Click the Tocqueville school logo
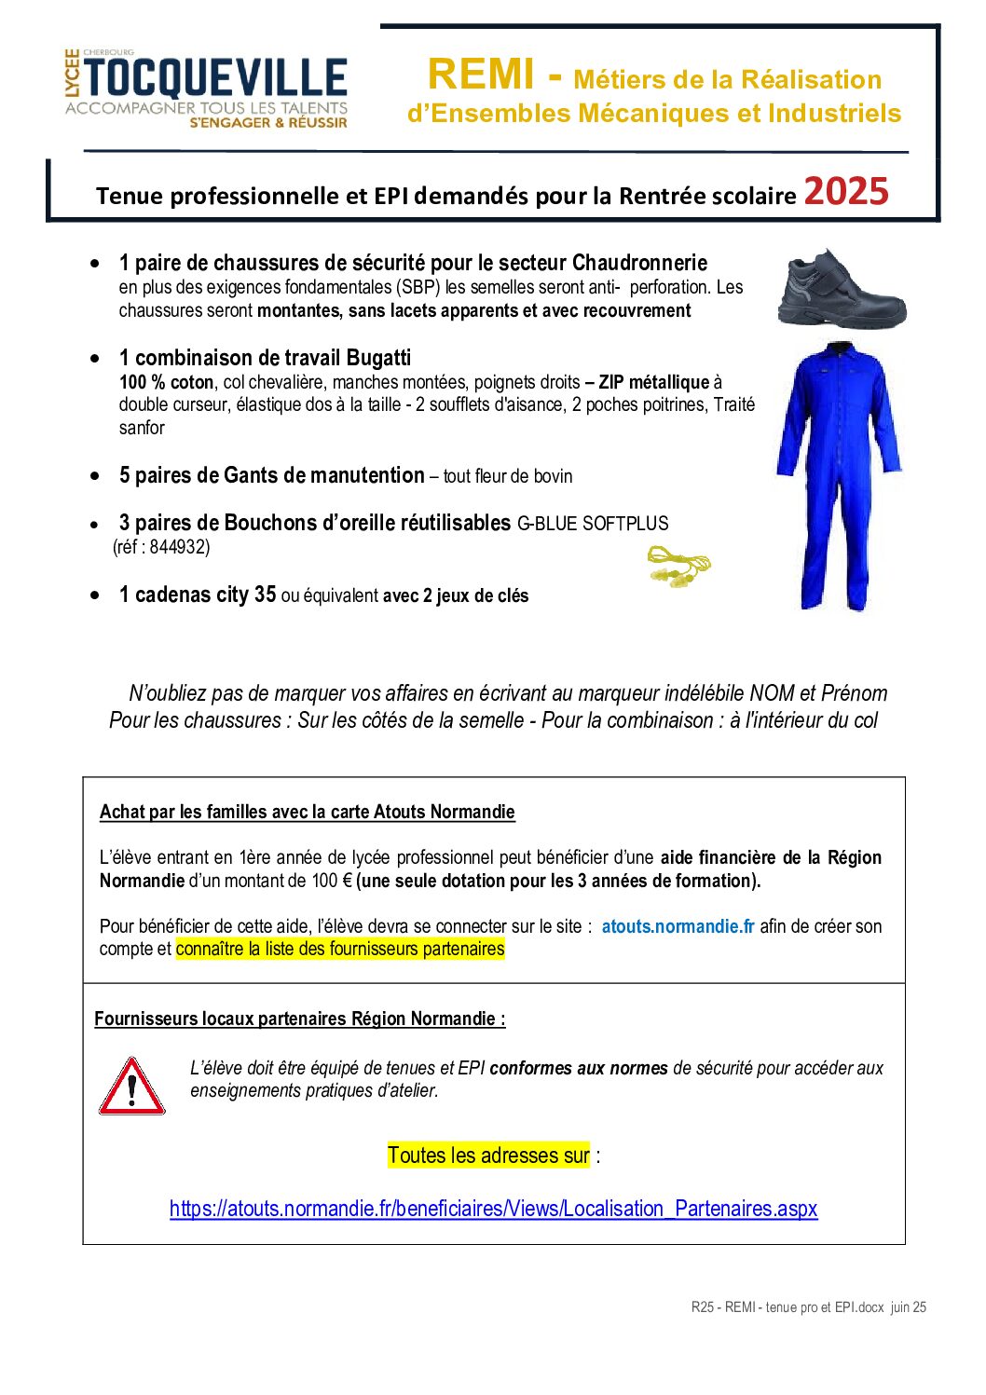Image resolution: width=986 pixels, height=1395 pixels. pos(206,89)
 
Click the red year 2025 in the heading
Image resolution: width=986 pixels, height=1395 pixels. pos(845,192)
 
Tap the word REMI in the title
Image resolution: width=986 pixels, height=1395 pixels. pos(482,75)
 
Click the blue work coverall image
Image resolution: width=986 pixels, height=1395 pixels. pos(839,475)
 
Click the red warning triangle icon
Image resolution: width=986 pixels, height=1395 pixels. pos(132,1087)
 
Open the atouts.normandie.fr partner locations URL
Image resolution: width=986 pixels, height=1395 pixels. pos(493,1209)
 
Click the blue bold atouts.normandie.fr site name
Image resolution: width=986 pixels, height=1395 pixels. pos(678,926)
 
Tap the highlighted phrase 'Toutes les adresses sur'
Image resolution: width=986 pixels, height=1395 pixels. pos(488,1156)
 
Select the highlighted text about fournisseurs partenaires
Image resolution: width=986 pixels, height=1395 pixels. pos(340,950)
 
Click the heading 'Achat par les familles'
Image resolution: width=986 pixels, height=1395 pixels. pos(307,812)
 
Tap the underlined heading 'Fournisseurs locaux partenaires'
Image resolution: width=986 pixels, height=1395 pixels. pos(299,1019)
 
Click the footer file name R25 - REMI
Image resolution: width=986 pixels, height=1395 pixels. pos(808,1307)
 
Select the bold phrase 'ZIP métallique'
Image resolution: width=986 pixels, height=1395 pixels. pos(648,382)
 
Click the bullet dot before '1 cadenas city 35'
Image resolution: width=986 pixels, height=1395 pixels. pos(95,595)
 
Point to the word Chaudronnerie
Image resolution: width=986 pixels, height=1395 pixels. pos(639,263)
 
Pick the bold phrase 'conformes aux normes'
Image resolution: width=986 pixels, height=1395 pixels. pos(579,1068)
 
